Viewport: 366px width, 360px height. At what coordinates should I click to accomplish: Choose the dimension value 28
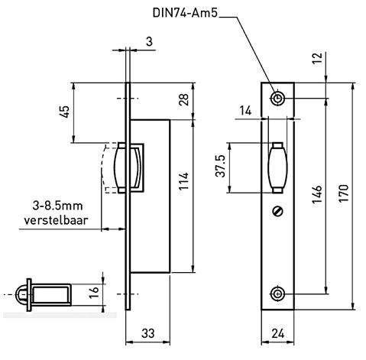184,101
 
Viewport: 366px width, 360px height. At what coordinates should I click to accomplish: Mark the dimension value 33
147,334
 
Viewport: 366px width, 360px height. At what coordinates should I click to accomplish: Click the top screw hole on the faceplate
278,99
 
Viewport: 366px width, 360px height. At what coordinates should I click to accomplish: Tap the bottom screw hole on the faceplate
278,294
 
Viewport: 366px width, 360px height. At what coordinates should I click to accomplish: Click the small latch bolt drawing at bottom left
46,294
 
